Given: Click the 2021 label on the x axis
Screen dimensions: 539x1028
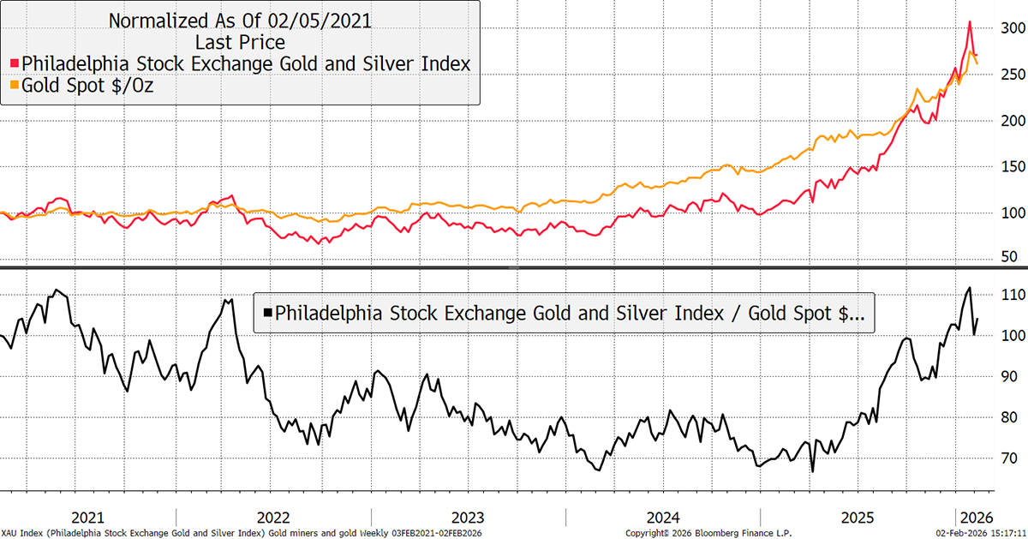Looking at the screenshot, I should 88,517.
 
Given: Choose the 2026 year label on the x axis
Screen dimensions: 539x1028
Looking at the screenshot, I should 976,517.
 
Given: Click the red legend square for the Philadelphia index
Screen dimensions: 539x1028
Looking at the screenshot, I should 14,63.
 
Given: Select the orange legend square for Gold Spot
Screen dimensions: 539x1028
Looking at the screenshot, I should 14,86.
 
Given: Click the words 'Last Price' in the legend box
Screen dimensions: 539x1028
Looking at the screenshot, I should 239,41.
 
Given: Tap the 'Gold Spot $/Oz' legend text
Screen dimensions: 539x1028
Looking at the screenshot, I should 87,86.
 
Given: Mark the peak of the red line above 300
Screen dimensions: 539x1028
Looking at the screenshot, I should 969,22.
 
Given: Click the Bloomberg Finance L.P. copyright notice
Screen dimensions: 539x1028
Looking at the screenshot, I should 708,531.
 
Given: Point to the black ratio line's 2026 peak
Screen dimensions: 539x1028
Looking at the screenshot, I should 969,288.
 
